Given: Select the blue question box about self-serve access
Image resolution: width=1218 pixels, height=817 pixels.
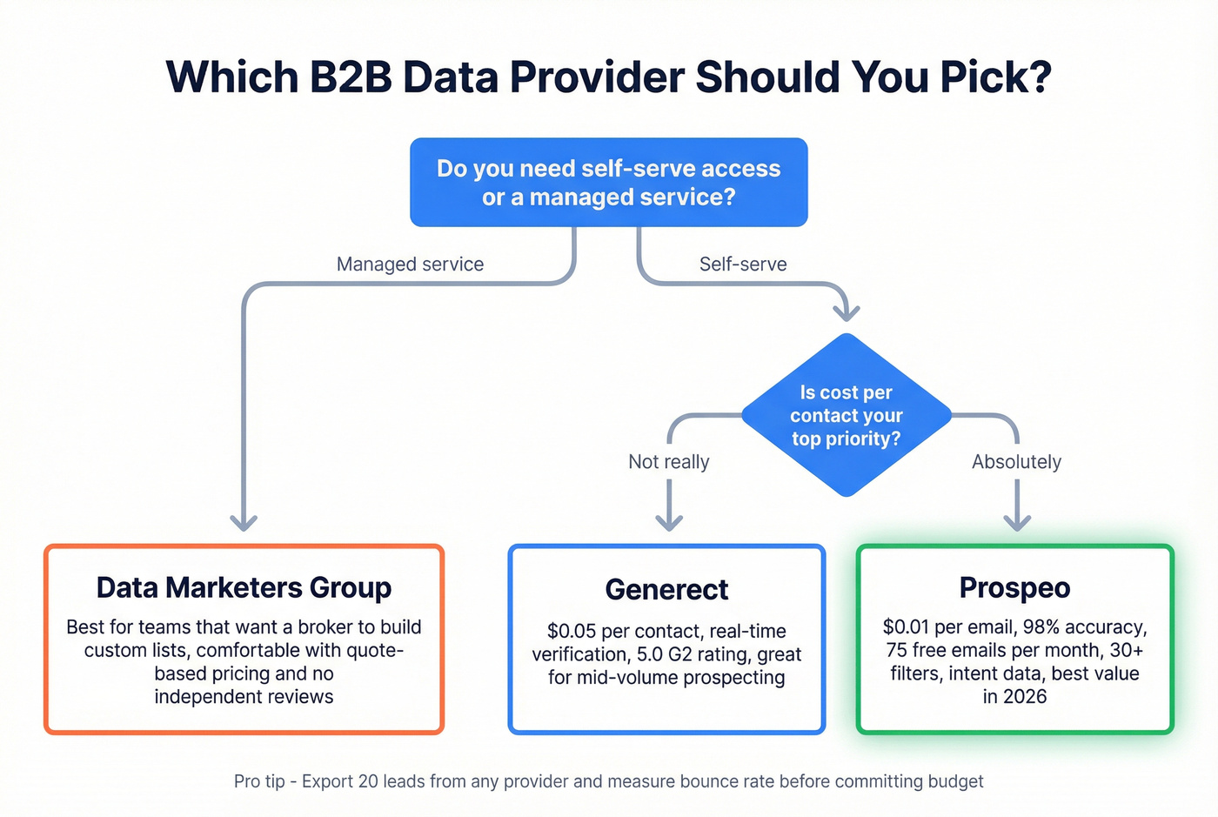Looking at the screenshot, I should click(608, 183).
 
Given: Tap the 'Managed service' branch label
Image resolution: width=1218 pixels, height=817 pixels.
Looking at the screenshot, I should click(410, 265).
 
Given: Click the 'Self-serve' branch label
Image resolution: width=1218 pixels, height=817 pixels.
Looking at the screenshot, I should click(743, 265).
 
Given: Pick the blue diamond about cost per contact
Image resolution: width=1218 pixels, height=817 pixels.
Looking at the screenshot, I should click(846, 415).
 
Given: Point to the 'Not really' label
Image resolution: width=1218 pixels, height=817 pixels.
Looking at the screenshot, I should click(668, 462).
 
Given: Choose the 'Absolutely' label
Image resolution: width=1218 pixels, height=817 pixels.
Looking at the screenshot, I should click(1016, 462).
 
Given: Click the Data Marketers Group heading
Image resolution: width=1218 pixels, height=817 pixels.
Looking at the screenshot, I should click(244, 587).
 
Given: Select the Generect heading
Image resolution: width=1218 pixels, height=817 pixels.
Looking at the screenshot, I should click(666, 589).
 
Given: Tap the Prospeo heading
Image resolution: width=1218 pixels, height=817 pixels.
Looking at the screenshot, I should click(1014, 587).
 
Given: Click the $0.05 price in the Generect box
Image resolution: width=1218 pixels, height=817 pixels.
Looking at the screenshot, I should click(572, 632).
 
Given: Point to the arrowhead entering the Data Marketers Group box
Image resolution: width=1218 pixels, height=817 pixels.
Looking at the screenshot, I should click(244, 521).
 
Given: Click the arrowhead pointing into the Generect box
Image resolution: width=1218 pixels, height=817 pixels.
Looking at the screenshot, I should click(669, 521).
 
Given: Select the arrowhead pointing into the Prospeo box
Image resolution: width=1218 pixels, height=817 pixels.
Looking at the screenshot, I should click(1017, 521).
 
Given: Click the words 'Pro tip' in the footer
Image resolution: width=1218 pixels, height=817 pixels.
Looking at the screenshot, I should click(259, 781).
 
